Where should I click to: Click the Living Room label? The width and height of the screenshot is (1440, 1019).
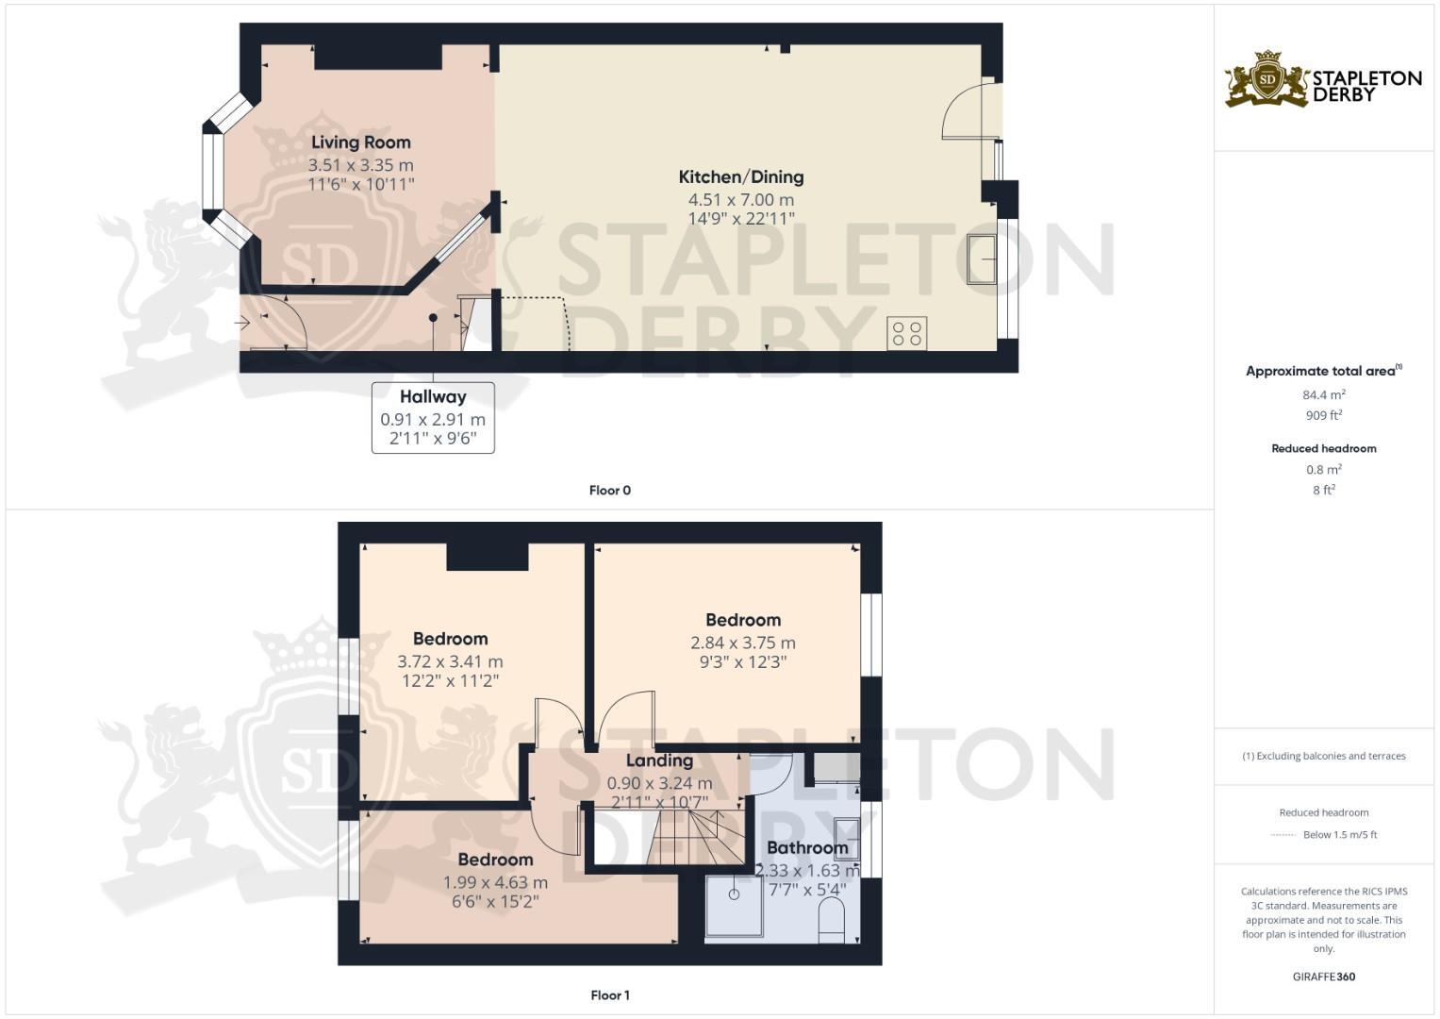pyautogui.click(x=361, y=142)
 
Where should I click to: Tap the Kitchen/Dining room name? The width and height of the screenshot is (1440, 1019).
pyautogui.click(x=741, y=176)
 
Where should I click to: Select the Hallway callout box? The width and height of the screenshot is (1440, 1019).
pyautogui.click(x=433, y=417)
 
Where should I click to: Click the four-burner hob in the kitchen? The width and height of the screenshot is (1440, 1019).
pyautogui.click(x=906, y=334)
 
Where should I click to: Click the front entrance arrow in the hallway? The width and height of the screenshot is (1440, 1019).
pyautogui.click(x=242, y=323)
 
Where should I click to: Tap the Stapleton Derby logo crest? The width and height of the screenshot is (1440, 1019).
pyautogui.click(x=1266, y=79)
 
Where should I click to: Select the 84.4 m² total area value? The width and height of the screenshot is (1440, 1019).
pyautogui.click(x=1323, y=394)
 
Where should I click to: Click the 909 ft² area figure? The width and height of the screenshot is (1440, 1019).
pyautogui.click(x=1323, y=415)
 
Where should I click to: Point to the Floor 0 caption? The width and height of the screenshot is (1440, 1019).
pyautogui.click(x=609, y=491)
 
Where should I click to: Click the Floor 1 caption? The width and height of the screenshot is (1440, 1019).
pyautogui.click(x=609, y=995)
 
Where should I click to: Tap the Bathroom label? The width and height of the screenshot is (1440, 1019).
pyautogui.click(x=807, y=847)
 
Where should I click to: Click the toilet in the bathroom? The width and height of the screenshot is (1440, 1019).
pyautogui.click(x=832, y=921)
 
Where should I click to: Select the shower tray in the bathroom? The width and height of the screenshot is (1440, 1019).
pyautogui.click(x=734, y=906)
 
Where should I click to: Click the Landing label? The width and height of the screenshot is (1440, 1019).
pyautogui.click(x=659, y=760)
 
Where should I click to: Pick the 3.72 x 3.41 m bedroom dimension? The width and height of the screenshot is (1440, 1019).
pyautogui.click(x=450, y=662)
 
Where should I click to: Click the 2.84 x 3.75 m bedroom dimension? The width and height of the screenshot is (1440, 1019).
pyautogui.click(x=743, y=643)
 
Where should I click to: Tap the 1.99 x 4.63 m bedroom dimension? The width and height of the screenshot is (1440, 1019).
pyautogui.click(x=495, y=883)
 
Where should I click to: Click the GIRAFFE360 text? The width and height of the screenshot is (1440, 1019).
pyautogui.click(x=1323, y=977)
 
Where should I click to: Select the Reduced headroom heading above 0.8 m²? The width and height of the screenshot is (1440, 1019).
pyautogui.click(x=1323, y=448)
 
